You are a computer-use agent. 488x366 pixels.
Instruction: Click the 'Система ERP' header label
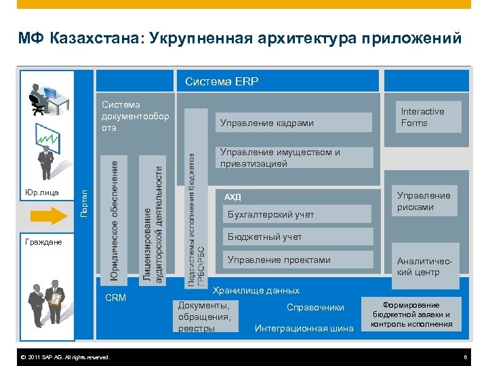pos(222,82)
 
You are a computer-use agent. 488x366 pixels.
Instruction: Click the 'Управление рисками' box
pos(424,201)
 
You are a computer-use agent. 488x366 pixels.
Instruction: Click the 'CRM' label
pos(116,298)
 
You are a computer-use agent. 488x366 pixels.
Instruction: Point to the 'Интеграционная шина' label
pos(304,329)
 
